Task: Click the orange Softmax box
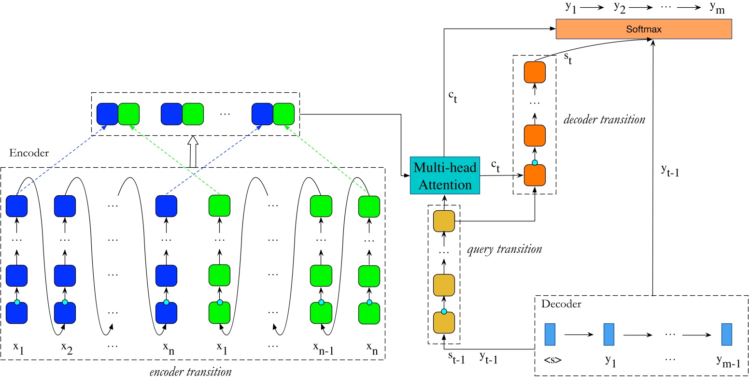coord(644,29)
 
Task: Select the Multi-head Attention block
coord(445,175)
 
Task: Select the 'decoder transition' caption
coord(604,119)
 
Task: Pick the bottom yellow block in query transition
coord(444,322)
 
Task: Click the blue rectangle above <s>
coord(550,334)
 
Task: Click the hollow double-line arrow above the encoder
coord(193,151)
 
